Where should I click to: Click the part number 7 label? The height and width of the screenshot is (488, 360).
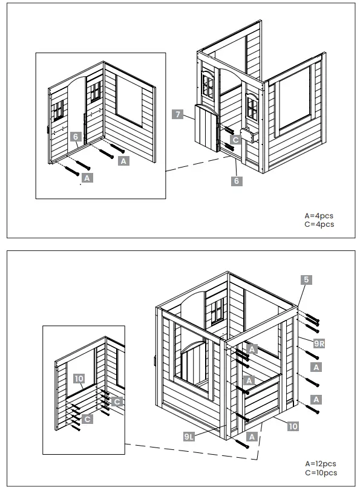tap(177, 114)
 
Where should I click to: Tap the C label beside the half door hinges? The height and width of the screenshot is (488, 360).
tap(235, 139)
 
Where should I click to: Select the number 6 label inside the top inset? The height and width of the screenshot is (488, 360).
tap(76, 137)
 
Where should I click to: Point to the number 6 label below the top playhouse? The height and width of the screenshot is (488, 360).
tap(237, 180)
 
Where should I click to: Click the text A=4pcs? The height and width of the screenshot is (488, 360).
tap(319, 215)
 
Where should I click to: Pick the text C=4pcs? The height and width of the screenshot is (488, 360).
tap(319, 224)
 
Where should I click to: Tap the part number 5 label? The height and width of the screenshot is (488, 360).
tap(307, 279)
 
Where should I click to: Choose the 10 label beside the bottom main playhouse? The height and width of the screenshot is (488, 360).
tap(293, 426)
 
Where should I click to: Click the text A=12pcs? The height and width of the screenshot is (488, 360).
tap(321, 464)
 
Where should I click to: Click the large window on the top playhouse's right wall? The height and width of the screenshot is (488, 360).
tap(295, 100)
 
